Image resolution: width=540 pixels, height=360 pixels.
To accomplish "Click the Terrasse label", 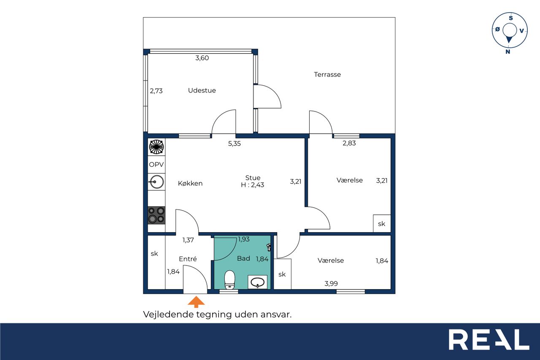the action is [x=327, y=75].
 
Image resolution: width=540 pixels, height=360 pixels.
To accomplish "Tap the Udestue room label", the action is [x=202, y=90].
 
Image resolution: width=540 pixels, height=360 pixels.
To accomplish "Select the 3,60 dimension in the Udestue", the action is [x=202, y=58].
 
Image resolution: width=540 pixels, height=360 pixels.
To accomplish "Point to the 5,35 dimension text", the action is [x=234, y=143].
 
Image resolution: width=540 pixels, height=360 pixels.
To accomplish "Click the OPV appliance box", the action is [x=157, y=165].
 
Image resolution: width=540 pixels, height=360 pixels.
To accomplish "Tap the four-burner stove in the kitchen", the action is [x=157, y=215].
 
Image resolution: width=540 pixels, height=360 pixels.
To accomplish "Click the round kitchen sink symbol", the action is [x=157, y=182].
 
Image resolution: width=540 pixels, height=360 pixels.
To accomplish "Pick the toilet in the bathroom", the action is [x=229, y=279].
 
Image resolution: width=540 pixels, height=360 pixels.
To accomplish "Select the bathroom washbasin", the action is [x=257, y=282].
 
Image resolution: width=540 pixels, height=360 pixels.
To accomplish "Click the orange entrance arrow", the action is [x=196, y=302].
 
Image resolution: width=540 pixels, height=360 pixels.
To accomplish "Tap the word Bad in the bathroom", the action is [x=243, y=258].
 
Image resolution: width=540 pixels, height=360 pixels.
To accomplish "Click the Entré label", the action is [x=188, y=259].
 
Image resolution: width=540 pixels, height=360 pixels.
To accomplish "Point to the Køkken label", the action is [x=190, y=183].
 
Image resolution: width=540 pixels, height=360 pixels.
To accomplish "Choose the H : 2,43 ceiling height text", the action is [x=252, y=185].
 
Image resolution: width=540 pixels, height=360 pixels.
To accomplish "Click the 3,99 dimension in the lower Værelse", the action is [x=331, y=284].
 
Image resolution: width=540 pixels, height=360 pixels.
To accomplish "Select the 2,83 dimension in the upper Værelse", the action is [x=349, y=143].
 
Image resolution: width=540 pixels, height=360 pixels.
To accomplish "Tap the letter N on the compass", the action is [x=508, y=51].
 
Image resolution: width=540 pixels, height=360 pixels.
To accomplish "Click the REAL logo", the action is [x=489, y=339].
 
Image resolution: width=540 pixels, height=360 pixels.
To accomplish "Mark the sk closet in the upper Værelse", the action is [x=382, y=224].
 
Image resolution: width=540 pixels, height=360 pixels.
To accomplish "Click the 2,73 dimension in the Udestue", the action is [x=156, y=91].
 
